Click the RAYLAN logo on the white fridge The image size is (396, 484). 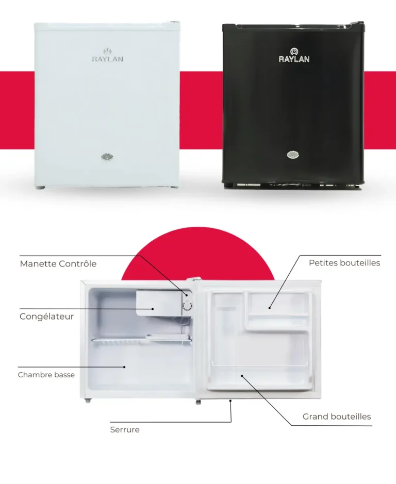(107, 55)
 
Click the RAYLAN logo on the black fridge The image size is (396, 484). (294, 55)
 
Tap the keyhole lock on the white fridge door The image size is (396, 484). (107, 157)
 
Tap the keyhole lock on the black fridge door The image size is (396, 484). (293, 155)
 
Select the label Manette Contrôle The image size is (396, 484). (58, 264)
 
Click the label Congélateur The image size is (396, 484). (46, 316)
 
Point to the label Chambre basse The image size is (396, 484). (46, 375)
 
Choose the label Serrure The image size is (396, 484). (125, 430)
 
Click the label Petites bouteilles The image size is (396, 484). (344, 263)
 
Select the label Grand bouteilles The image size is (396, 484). (337, 416)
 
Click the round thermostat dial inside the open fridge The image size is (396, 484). (187, 306)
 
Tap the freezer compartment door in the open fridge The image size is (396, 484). (159, 303)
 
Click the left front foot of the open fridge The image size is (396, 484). (88, 400)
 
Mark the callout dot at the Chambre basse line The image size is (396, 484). (124, 367)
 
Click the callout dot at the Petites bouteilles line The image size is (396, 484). (269, 308)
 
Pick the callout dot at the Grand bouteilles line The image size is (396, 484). (242, 376)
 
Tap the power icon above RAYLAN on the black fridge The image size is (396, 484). (294, 51)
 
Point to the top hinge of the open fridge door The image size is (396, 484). (194, 279)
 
